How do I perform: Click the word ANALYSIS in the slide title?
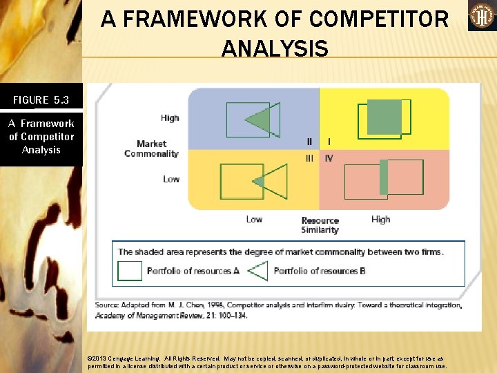pyautogui.click(x=275, y=48)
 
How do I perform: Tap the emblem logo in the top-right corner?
pyautogui.click(x=482, y=16)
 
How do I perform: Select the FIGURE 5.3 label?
pyautogui.click(x=41, y=100)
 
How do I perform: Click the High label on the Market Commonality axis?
pyautogui.click(x=170, y=118)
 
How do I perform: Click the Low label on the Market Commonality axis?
pyautogui.click(x=171, y=179)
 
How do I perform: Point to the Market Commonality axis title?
pyautogui.click(x=151, y=149)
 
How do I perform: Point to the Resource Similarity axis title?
pyautogui.click(x=320, y=225)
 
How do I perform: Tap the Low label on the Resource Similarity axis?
pyautogui.click(x=254, y=220)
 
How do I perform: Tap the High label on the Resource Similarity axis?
pyautogui.click(x=380, y=220)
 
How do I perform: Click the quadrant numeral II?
pyautogui.click(x=309, y=142)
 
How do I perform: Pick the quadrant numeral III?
pyautogui.click(x=309, y=158)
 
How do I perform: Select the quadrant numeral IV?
pyautogui.click(x=329, y=158)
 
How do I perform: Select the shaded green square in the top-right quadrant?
pyautogui.click(x=384, y=117)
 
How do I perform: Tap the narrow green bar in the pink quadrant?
pyautogui.click(x=384, y=177)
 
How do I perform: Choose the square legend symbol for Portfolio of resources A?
pyautogui.click(x=130, y=271)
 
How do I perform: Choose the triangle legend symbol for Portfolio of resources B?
pyautogui.click(x=257, y=271)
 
